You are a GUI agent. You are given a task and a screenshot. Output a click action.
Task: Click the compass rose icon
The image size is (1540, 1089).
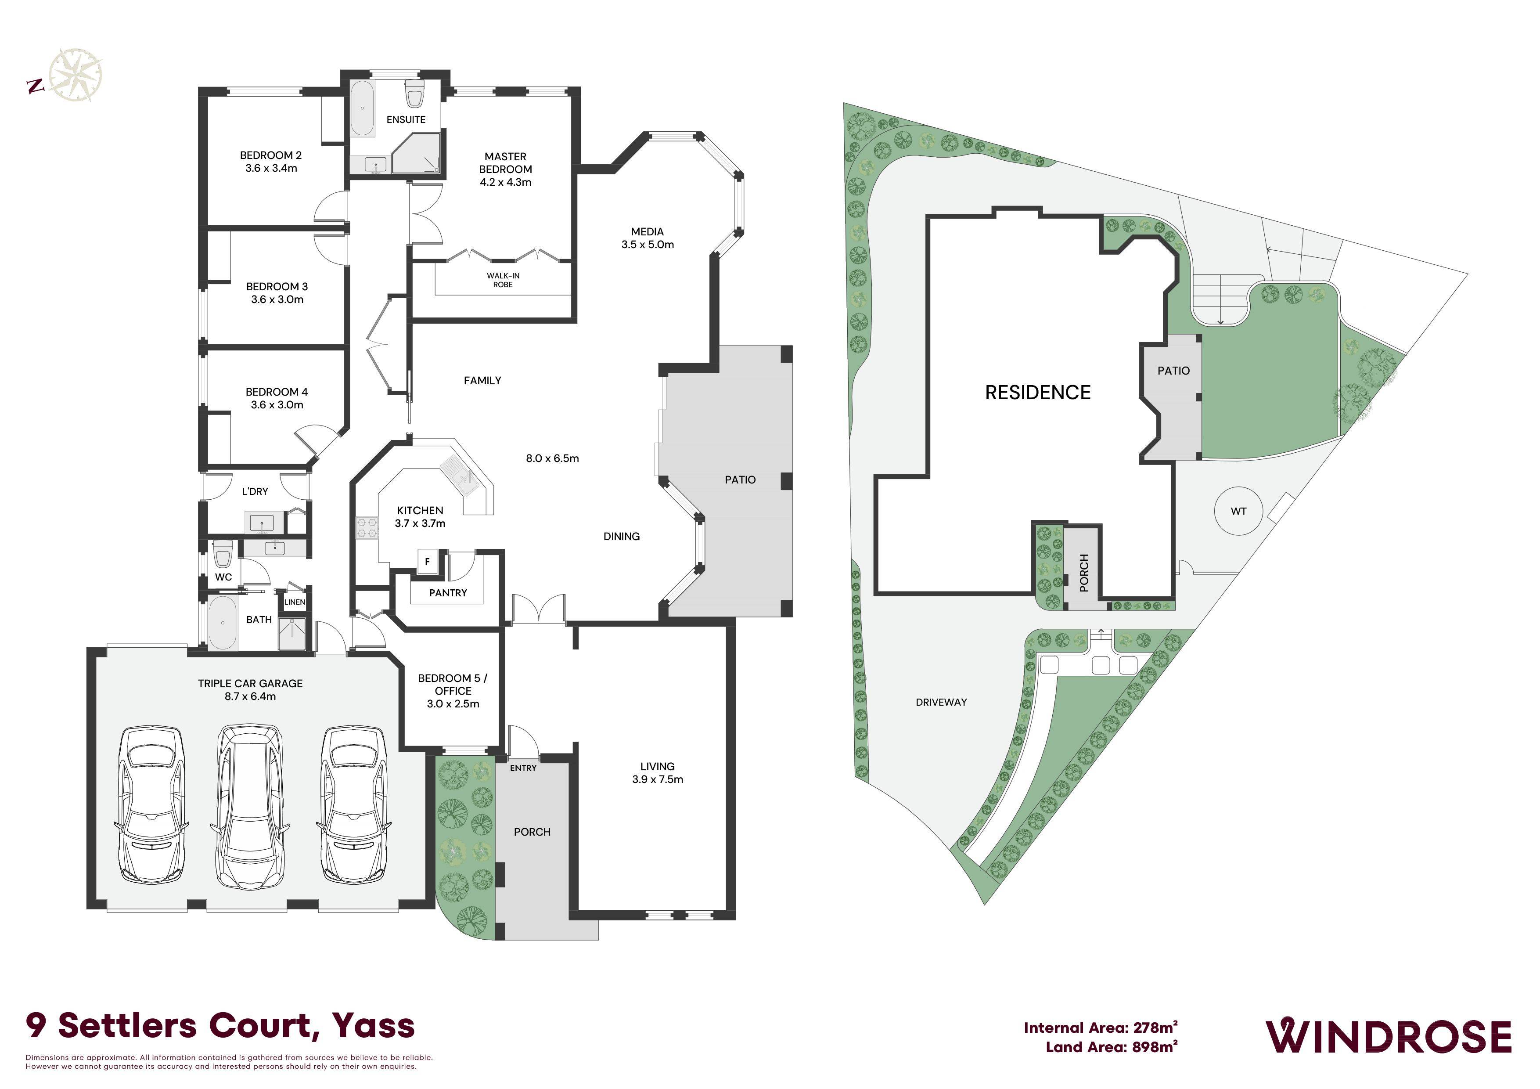(x=76, y=75)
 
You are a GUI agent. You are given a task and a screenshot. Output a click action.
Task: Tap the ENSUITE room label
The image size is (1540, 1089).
(x=406, y=119)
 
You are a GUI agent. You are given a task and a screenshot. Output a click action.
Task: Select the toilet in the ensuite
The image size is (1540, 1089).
(x=414, y=94)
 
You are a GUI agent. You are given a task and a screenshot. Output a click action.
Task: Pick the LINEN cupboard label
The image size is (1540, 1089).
(x=295, y=602)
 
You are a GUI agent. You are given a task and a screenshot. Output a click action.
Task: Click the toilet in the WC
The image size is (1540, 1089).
(x=223, y=554)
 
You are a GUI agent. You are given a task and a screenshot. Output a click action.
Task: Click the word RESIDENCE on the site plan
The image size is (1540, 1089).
(x=1038, y=393)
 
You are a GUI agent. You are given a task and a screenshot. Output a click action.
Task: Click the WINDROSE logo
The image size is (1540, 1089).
(x=1389, y=1037)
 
